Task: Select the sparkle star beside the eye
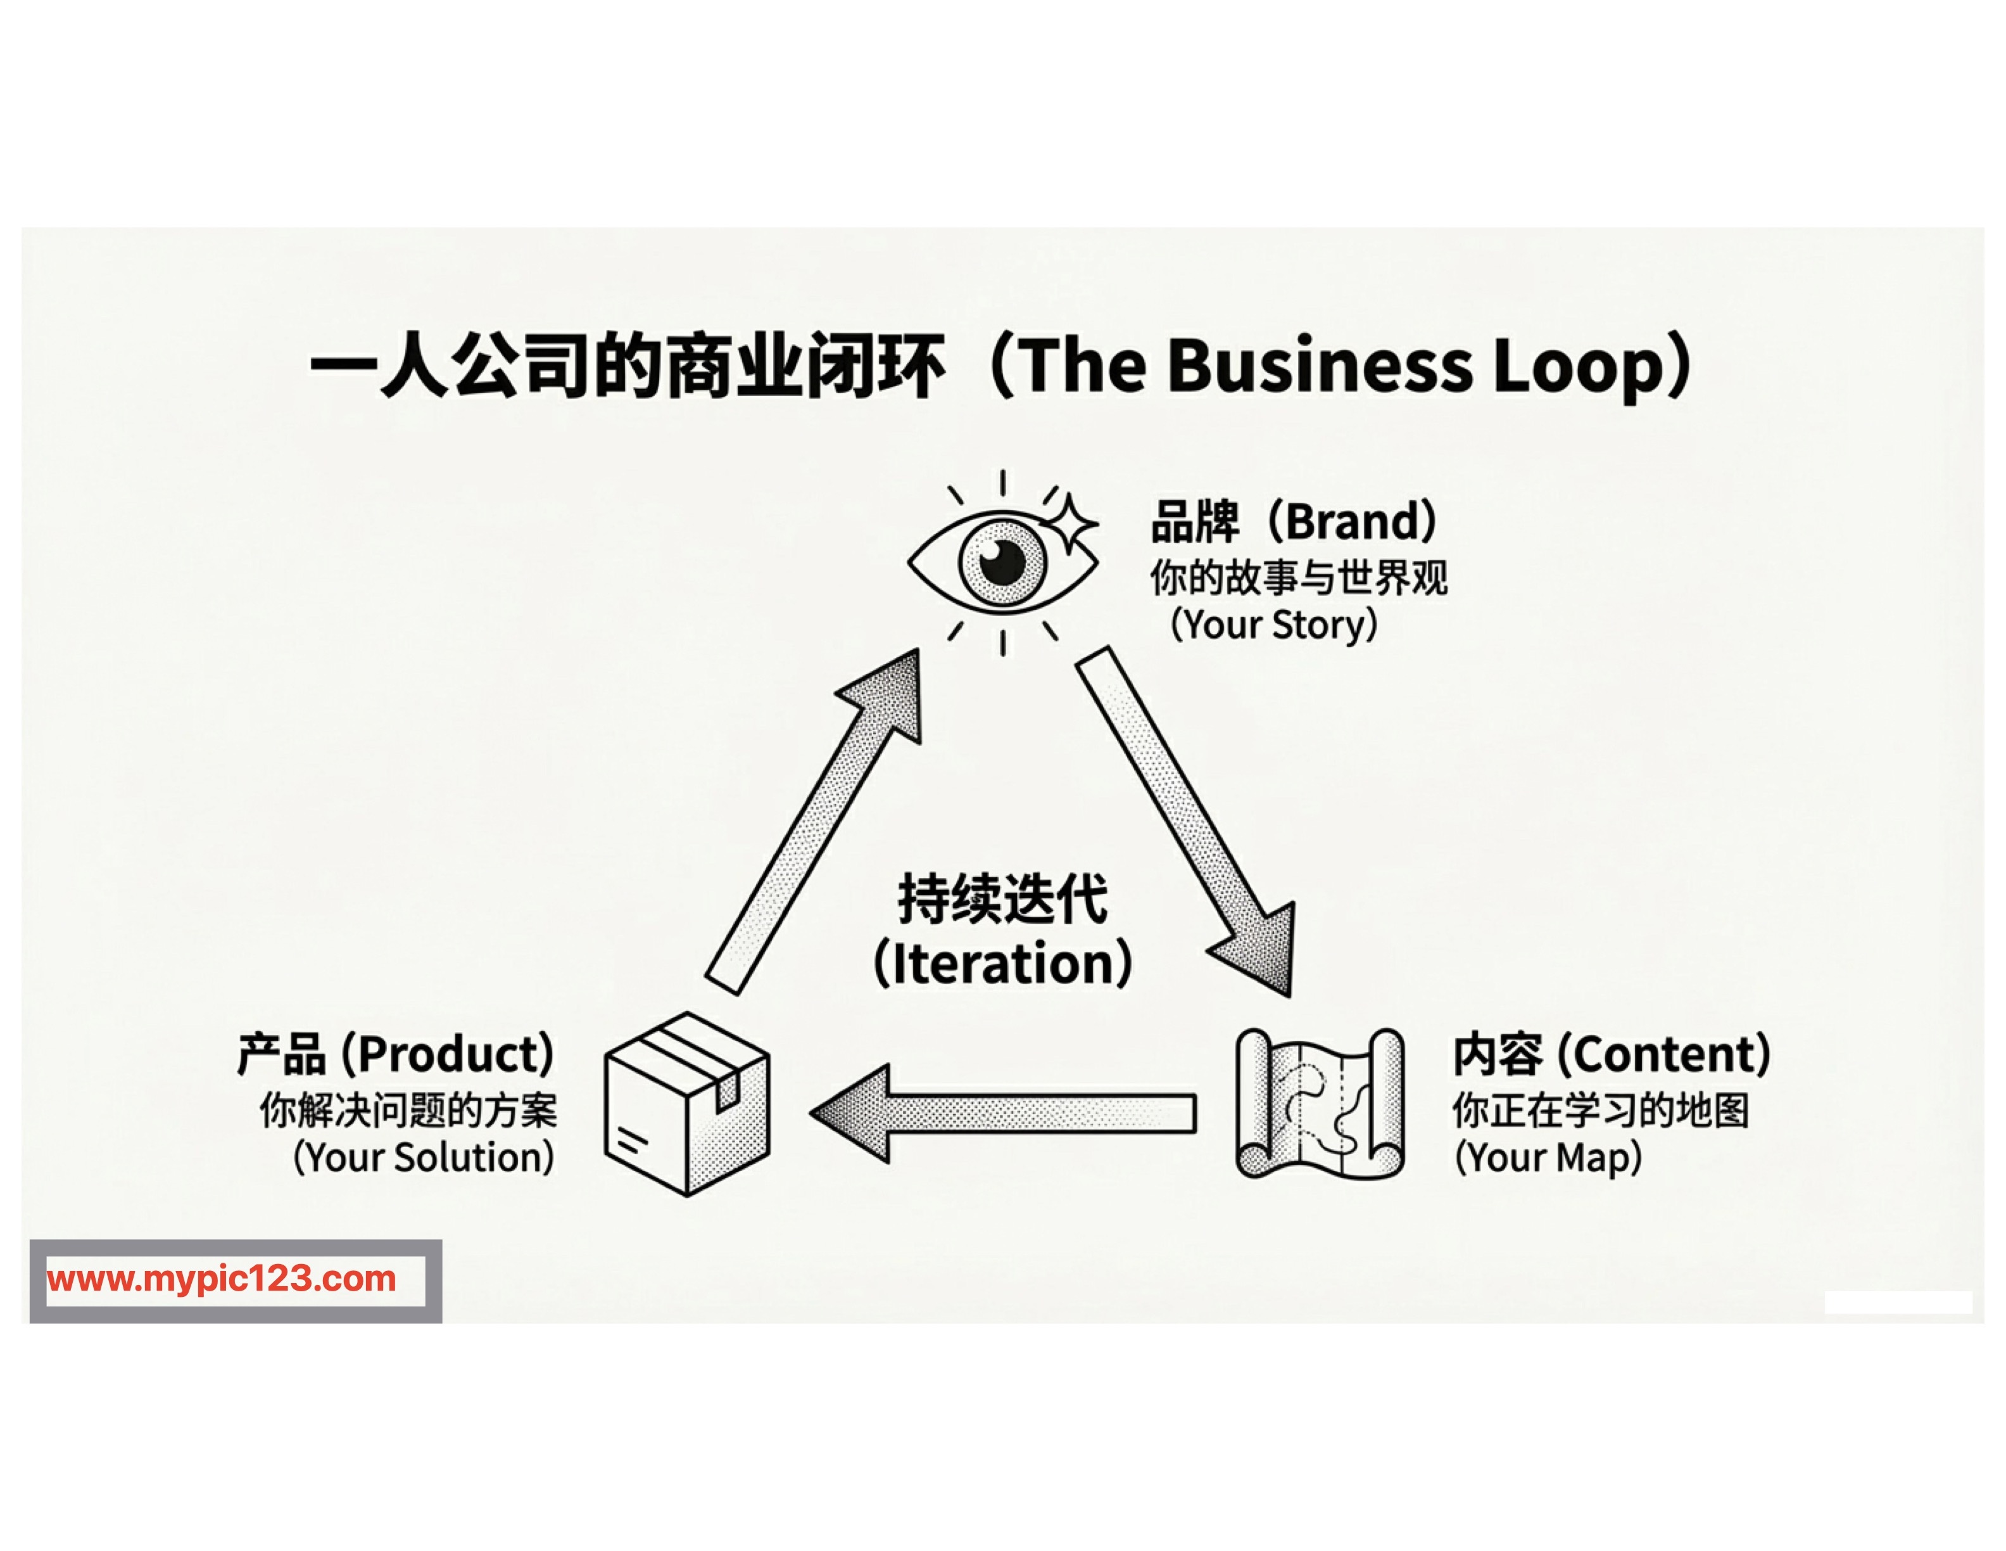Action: pyautogui.click(x=1071, y=524)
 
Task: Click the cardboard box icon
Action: pyautogui.click(x=687, y=1104)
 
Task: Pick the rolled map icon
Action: pyautogui.click(x=1319, y=1104)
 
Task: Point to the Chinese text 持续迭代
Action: pyautogui.click(x=1002, y=898)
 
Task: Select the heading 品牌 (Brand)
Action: pyautogui.click(x=1293, y=522)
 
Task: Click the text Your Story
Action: pyautogui.click(x=1274, y=625)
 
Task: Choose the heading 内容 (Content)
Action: pyautogui.click(x=1611, y=1054)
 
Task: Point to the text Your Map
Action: pyautogui.click(x=1548, y=1158)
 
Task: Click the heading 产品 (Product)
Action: pyautogui.click(x=396, y=1054)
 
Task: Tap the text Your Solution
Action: pyautogui.click(x=424, y=1158)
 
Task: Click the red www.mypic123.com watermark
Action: pyautogui.click(x=222, y=1279)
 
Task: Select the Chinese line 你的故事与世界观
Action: pyautogui.click(x=1298, y=578)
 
